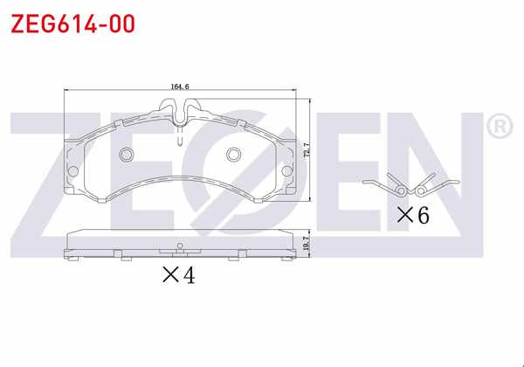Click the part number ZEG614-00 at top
[x=72, y=24]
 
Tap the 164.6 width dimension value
[x=181, y=86]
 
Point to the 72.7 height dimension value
[x=305, y=150]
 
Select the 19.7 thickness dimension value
[x=305, y=245]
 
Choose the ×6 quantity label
[x=413, y=215]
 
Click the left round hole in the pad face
[x=125, y=156]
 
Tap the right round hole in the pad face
[x=233, y=156]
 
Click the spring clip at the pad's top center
[x=179, y=112]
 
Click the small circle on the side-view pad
[x=178, y=244]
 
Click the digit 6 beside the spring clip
[x=423, y=215]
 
